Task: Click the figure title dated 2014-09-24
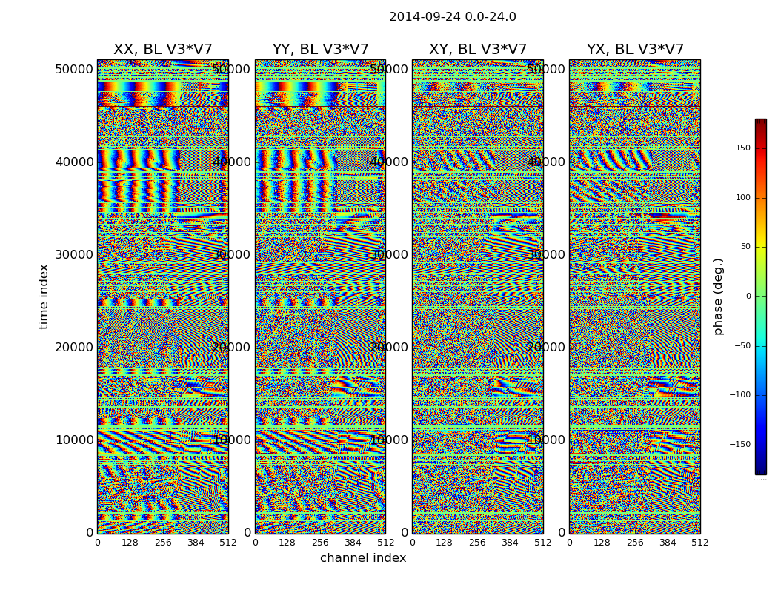point(452,17)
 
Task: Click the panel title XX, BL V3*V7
point(162,50)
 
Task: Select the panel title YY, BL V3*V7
point(320,50)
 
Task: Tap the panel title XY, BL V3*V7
point(477,50)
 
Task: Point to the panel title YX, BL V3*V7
point(635,50)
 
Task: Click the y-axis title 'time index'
point(44,296)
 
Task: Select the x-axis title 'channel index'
point(363,558)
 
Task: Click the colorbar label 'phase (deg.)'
point(718,296)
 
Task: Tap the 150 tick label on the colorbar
point(742,148)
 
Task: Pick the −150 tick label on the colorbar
point(740,445)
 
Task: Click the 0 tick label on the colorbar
point(748,296)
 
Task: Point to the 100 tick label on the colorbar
point(742,198)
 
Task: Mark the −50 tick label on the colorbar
point(742,345)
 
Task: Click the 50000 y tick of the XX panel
point(75,69)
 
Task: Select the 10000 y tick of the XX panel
point(75,440)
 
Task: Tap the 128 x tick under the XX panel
point(130,543)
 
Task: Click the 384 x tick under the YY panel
point(353,543)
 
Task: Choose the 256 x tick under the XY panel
point(477,543)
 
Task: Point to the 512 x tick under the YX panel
point(699,543)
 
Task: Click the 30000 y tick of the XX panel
point(75,254)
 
